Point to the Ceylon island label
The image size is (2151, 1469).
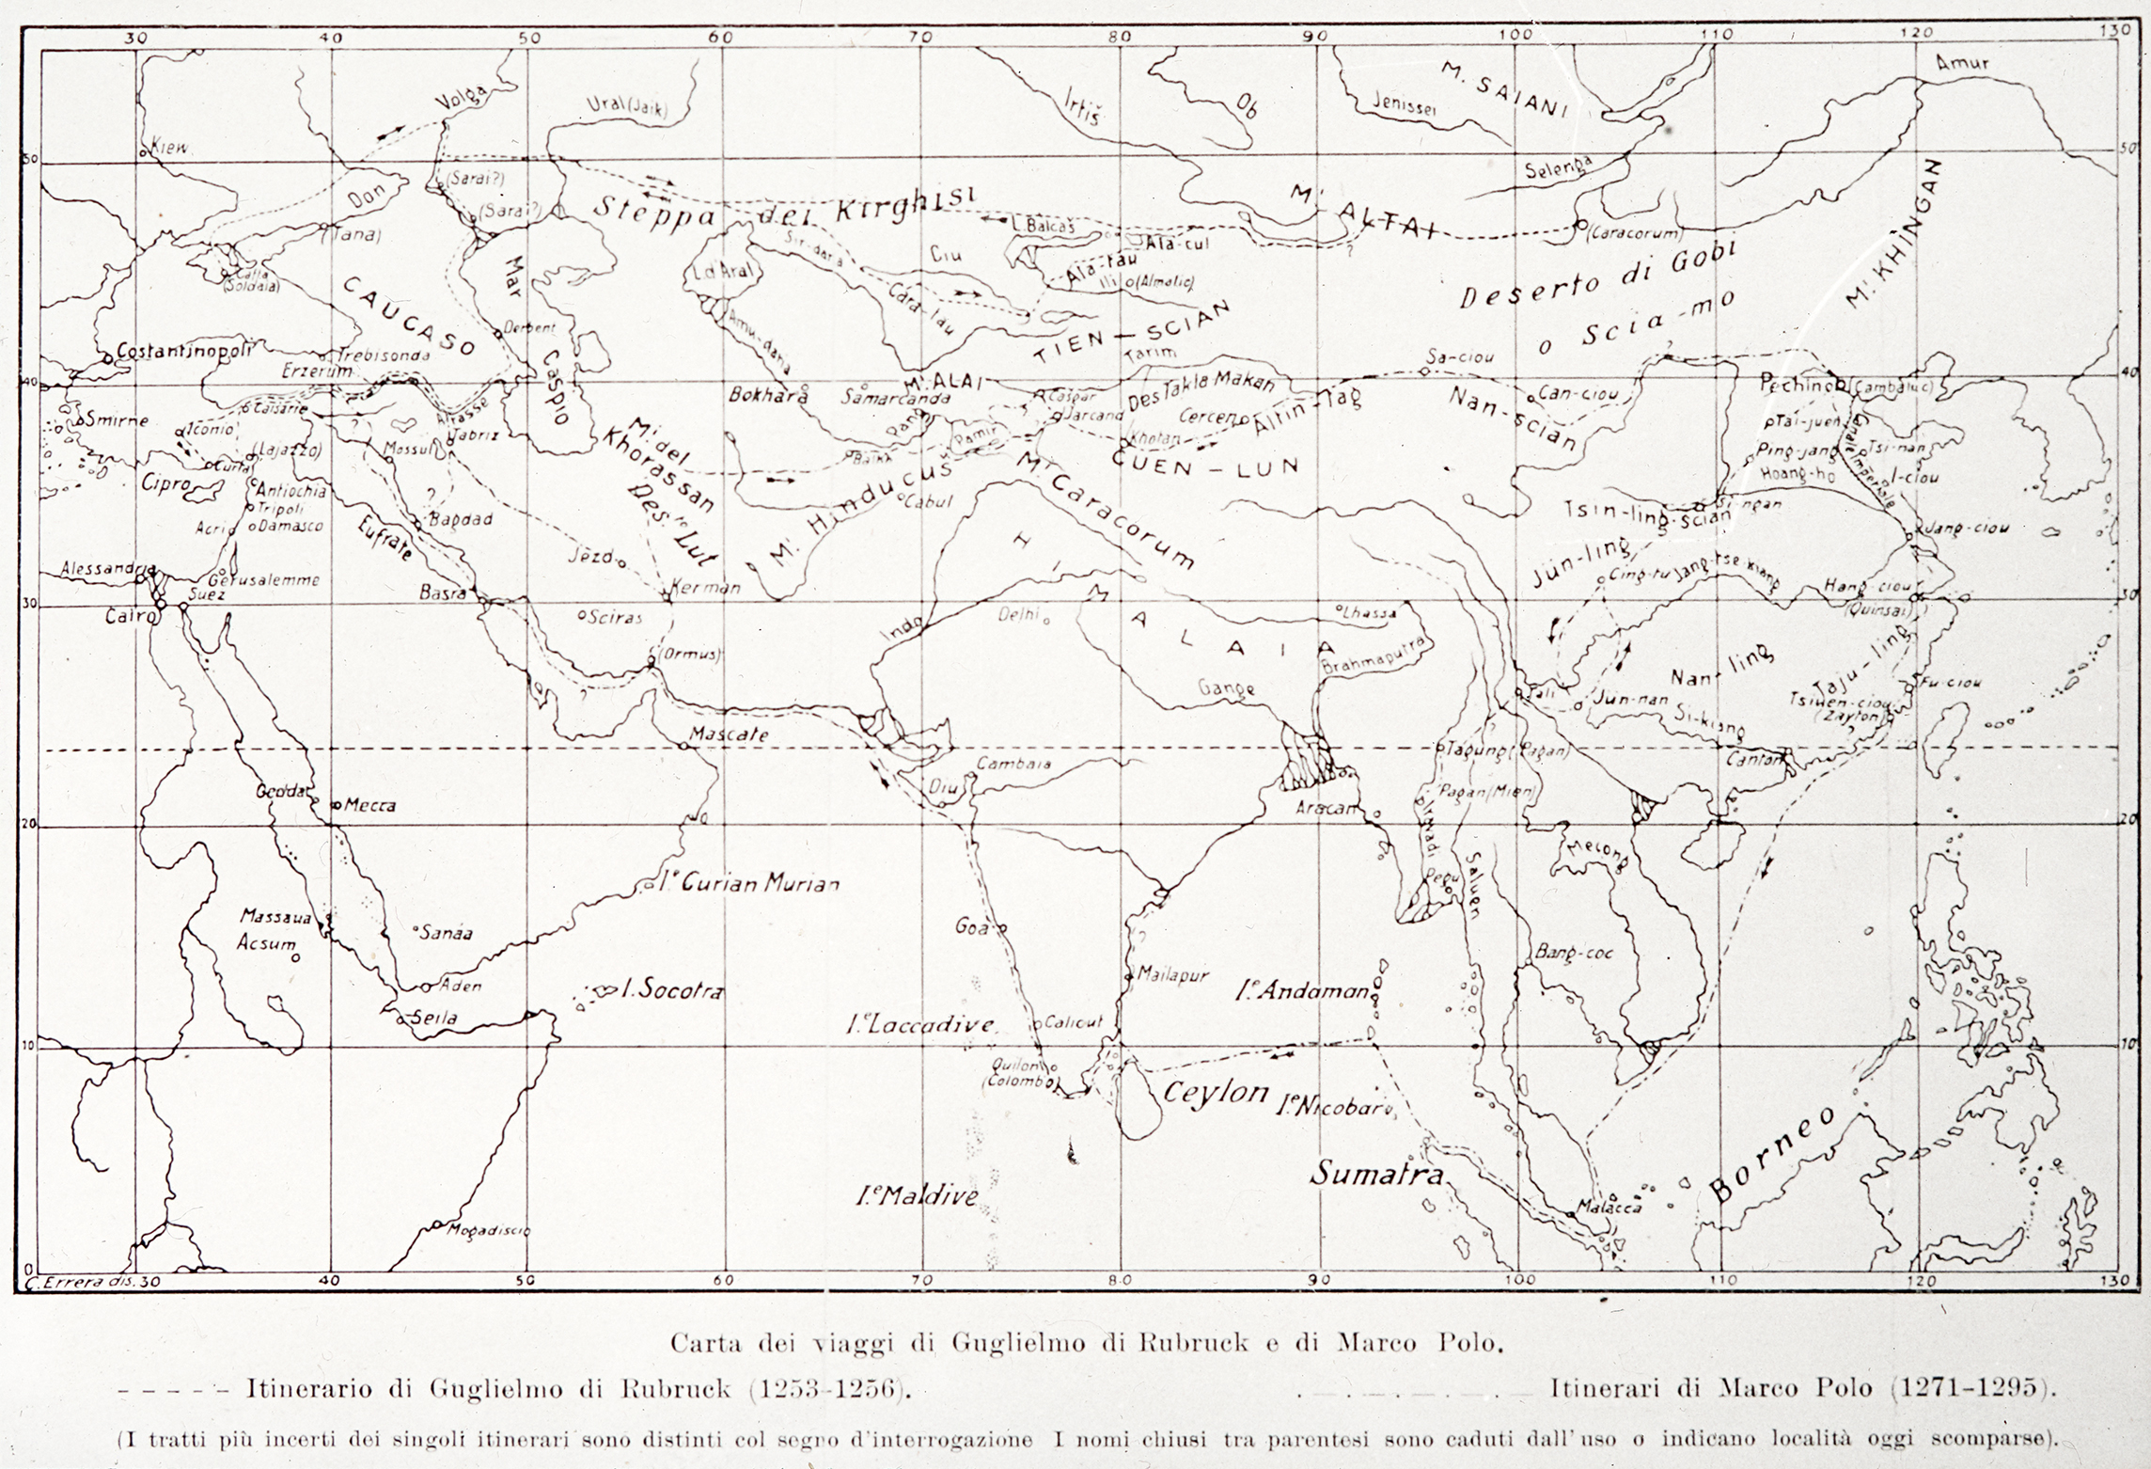pyautogui.click(x=1216, y=1092)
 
